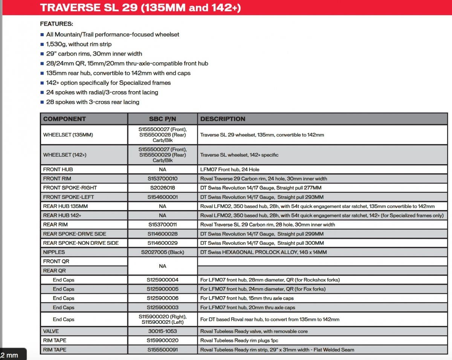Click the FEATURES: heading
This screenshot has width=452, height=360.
point(56,24)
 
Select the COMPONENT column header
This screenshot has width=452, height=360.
point(64,119)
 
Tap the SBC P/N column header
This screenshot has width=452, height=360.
point(163,119)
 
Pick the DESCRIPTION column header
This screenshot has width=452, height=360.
point(223,119)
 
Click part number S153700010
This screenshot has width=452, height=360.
point(163,179)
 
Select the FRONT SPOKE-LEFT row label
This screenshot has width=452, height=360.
point(69,197)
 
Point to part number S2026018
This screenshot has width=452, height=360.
point(163,188)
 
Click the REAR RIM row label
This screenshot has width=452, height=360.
point(55,225)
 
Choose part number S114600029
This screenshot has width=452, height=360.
point(163,243)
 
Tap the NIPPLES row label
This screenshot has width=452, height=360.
point(54,252)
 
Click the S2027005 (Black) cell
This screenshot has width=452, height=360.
point(163,252)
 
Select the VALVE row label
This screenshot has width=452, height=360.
point(51,331)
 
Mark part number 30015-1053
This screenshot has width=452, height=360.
point(163,331)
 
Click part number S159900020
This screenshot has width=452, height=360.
point(163,340)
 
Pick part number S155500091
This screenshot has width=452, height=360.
point(163,350)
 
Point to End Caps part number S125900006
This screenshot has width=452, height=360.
point(163,298)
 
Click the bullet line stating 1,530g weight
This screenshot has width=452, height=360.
point(79,44)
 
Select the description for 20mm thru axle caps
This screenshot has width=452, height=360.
point(247,308)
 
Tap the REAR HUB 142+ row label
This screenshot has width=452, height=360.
point(62,215)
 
